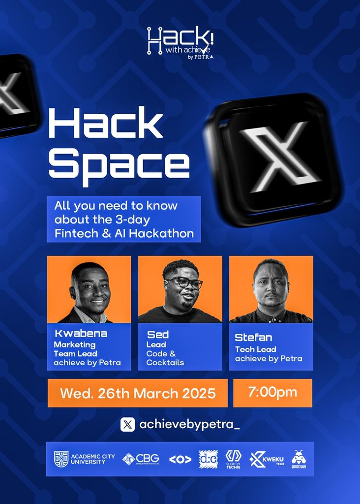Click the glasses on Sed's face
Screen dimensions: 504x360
[x=184, y=282]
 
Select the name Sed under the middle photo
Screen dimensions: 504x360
[x=157, y=335]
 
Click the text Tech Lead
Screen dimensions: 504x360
[x=255, y=349]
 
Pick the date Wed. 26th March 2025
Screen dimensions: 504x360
[x=138, y=393]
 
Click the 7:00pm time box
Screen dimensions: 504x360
[x=272, y=393]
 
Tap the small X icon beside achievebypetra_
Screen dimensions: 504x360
[x=127, y=424]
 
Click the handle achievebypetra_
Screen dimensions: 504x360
[x=189, y=424]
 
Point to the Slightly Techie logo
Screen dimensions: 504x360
[x=233, y=459]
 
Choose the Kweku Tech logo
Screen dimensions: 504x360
[x=267, y=459]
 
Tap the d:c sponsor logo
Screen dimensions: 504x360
[x=208, y=459]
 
